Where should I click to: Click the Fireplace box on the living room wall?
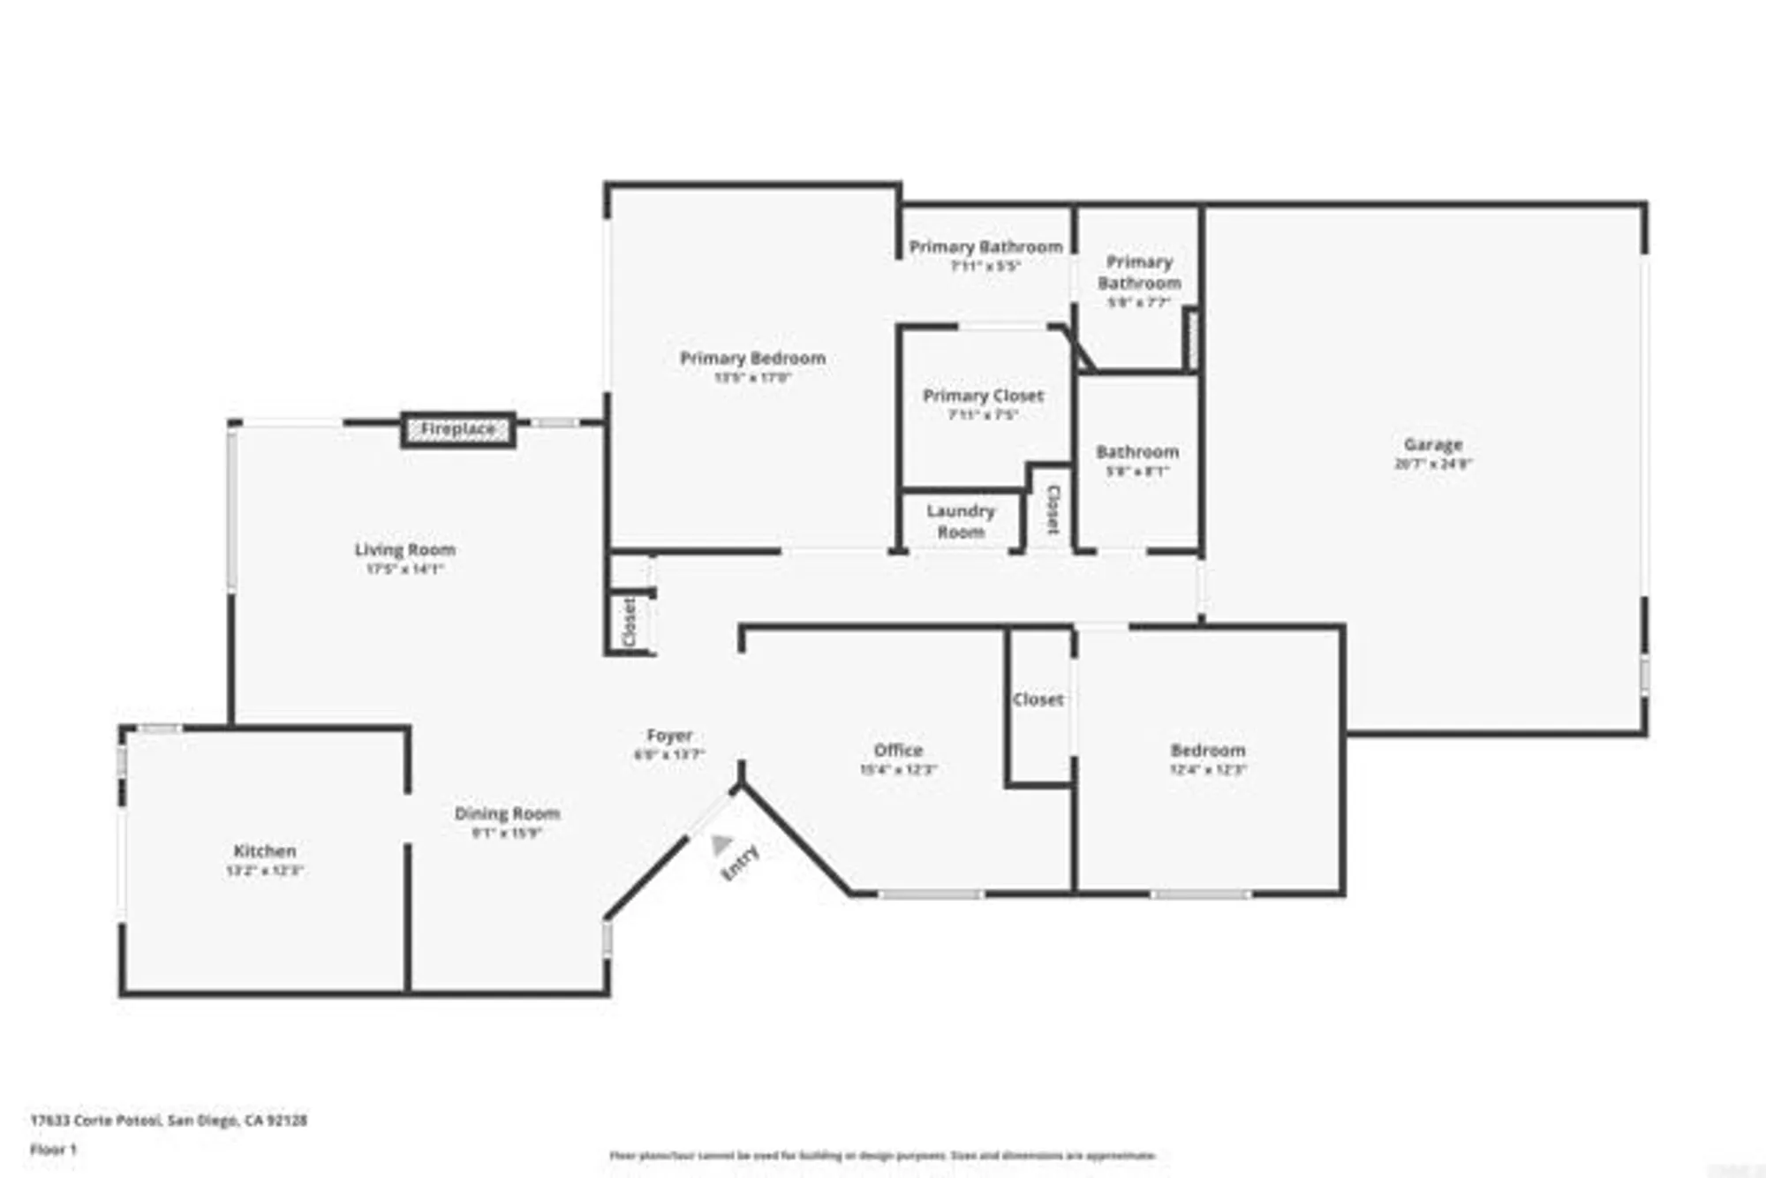click(457, 429)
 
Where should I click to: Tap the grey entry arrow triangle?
click(721, 844)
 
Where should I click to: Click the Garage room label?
click(1432, 444)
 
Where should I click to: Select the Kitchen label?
click(264, 850)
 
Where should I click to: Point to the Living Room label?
click(405, 549)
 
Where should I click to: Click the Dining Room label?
click(507, 813)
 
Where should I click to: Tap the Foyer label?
click(669, 736)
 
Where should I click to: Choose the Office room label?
click(898, 750)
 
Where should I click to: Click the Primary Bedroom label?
click(752, 358)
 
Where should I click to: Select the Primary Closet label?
click(983, 396)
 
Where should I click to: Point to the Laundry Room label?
click(961, 521)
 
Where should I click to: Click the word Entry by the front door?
click(740, 863)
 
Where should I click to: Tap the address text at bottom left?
click(169, 1120)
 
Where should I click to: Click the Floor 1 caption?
click(53, 1149)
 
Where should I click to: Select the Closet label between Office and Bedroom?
click(1038, 699)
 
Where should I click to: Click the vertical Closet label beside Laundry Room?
click(1053, 510)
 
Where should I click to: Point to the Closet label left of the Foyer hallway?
click(630, 622)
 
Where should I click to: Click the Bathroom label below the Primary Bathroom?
click(1137, 452)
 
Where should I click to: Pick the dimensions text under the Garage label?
click(1432, 464)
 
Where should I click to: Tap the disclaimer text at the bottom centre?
click(882, 1155)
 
